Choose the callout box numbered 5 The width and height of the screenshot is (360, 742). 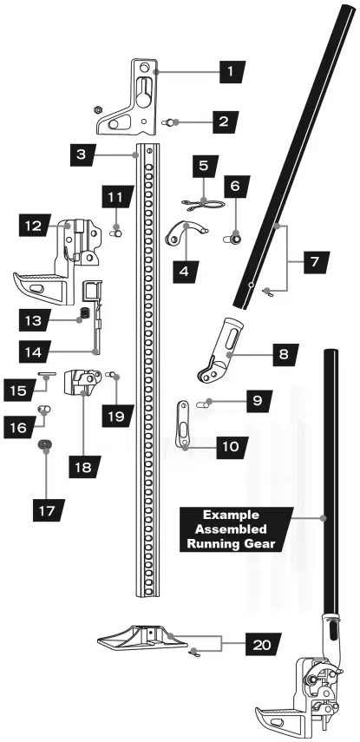pos(205,163)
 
